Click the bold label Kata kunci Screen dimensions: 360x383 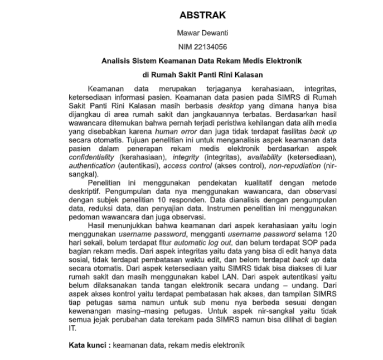click(88, 345)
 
